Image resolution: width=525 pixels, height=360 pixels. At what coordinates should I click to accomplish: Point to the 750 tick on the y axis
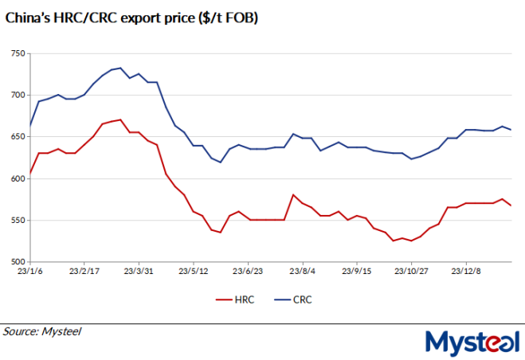point(17,53)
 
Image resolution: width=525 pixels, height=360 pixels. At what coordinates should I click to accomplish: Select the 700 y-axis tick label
point(17,95)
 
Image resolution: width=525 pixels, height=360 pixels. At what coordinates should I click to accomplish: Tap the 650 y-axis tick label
point(17,136)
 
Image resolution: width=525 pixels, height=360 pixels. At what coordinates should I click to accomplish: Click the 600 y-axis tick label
point(17,178)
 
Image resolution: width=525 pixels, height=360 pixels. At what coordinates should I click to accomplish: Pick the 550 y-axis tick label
point(17,220)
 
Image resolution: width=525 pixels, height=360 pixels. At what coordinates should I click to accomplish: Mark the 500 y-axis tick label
point(17,261)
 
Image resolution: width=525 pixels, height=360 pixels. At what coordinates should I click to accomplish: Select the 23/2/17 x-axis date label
point(84,271)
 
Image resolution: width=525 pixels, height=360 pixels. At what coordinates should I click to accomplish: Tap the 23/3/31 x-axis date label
point(139,271)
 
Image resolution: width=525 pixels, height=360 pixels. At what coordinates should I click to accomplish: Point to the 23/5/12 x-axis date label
point(194,271)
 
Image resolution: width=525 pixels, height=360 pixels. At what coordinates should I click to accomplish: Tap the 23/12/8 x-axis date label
point(465,271)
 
